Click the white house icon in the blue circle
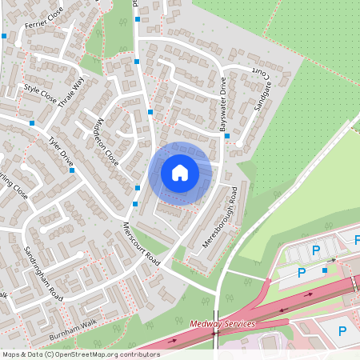pos(180,173)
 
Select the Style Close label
pos(40,93)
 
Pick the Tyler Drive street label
pos(60,151)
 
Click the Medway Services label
pos(222,324)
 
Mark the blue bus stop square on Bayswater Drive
pos(228,136)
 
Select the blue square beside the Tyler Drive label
pos(31,123)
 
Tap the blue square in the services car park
pos(324,270)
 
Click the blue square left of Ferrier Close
pos(4,36)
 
